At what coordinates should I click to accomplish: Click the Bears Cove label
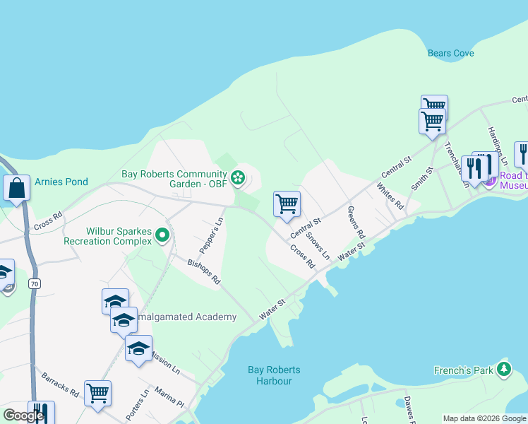tap(450, 53)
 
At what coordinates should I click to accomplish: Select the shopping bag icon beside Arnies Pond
tap(16, 188)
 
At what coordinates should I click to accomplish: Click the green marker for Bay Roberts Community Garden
tap(238, 177)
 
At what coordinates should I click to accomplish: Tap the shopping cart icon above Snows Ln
tap(287, 204)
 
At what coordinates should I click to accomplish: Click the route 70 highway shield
tap(33, 283)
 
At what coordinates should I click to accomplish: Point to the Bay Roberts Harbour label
tap(274, 375)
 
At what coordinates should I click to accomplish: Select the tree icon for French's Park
tap(503, 369)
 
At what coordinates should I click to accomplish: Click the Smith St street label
tap(421, 179)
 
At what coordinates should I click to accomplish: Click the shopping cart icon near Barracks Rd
tap(97, 394)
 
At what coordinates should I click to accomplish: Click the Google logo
tap(23, 416)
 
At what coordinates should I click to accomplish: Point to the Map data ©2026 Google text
tap(484, 418)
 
